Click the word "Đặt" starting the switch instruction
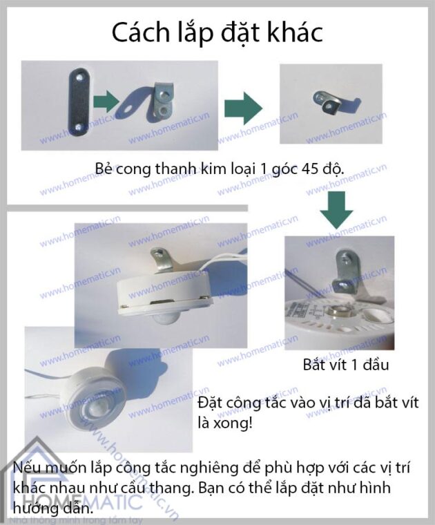click(x=211, y=402)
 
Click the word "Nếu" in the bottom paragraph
click(x=28, y=469)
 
